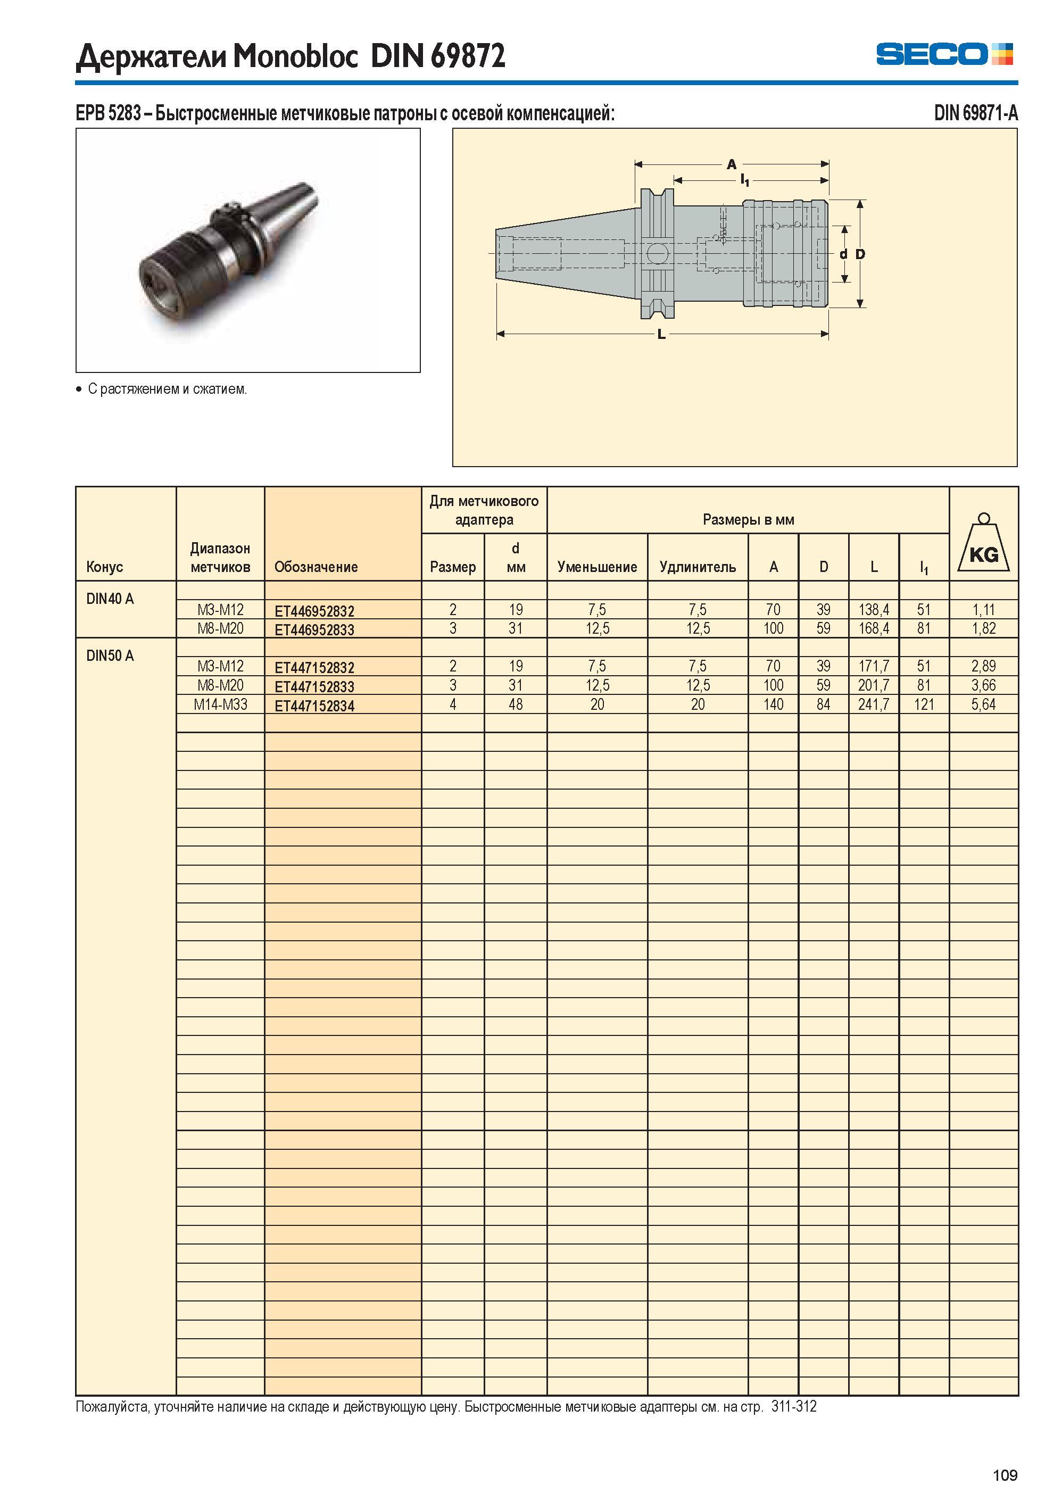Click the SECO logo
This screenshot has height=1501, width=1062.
click(944, 54)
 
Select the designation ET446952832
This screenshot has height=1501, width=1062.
click(314, 611)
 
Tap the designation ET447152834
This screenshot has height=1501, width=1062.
click(314, 706)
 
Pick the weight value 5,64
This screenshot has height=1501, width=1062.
click(984, 704)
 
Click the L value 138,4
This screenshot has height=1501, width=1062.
click(874, 610)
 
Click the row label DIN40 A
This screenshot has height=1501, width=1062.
click(110, 599)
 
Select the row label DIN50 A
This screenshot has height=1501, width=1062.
click(110, 656)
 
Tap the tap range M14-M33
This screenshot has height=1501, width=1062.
click(220, 704)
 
